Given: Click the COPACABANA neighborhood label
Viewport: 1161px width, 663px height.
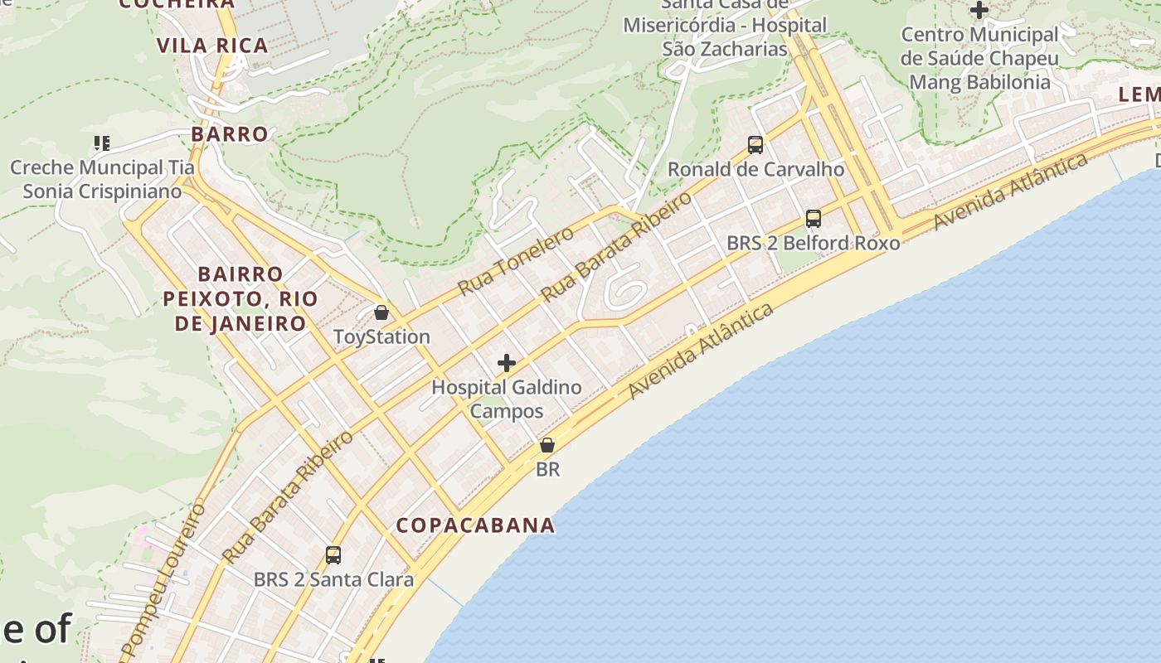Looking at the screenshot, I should [x=475, y=525].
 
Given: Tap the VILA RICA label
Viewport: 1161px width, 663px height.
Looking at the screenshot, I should [x=213, y=46].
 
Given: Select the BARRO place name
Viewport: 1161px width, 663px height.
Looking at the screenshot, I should [x=230, y=134].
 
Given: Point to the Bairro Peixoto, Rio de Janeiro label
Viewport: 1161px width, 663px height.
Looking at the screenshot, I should [x=240, y=298].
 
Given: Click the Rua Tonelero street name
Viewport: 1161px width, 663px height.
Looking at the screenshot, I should [x=516, y=260].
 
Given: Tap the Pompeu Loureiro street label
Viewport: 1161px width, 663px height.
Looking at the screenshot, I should [x=162, y=580].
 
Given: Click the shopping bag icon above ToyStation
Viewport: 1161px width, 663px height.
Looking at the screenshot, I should [x=381, y=312].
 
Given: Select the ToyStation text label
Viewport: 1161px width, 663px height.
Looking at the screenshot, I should [x=381, y=337].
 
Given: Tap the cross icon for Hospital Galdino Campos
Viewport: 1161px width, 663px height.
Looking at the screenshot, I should [x=507, y=363].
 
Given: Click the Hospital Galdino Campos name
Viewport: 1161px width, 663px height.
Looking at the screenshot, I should [x=507, y=399].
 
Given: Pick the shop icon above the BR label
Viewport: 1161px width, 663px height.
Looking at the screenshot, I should [x=547, y=445].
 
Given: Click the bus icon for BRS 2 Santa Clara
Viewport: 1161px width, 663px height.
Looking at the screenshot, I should [x=333, y=554].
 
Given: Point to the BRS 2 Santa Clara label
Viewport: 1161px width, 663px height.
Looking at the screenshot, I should [x=333, y=579].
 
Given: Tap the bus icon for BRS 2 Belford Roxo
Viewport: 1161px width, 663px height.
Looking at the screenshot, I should [x=814, y=219].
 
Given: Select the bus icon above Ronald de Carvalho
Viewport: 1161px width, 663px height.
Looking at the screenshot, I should [x=755, y=145].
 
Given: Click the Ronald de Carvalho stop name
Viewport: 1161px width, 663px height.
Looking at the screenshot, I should [x=755, y=170].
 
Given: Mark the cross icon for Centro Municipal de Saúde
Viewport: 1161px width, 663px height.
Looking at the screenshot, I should [x=979, y=11].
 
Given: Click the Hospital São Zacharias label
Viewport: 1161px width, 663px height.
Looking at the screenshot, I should [x=725, y=37].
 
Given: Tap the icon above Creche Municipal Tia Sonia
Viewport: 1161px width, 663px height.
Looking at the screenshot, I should [x=102, y=143].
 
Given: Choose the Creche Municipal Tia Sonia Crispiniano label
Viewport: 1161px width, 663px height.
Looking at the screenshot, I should [x=102, y=179].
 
